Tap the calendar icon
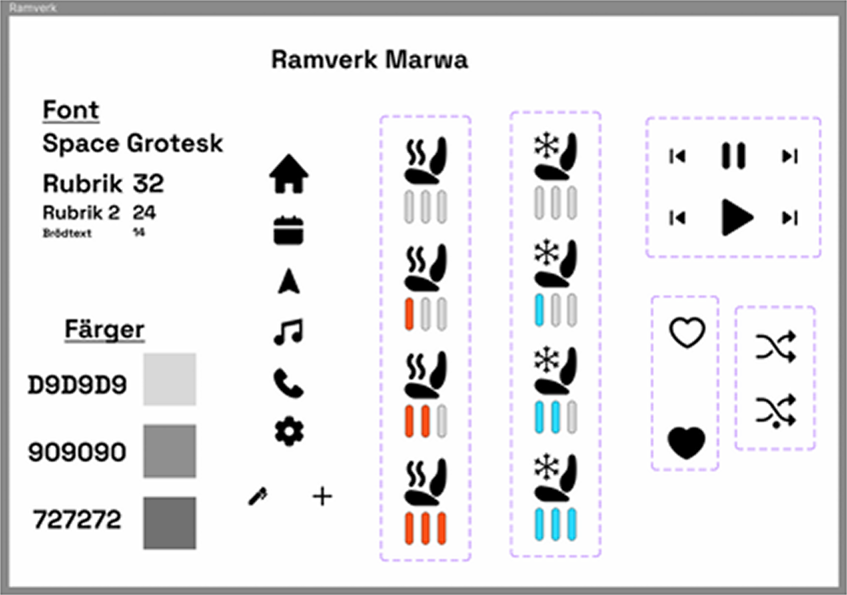(x=288, y=231)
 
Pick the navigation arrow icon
(x=289, y=281)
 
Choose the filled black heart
(x=686, y=443)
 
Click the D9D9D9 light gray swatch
(x=170, y=379)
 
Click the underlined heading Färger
(x=104, y=329)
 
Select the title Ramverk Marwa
(x=370, y=60)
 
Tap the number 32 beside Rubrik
(x=148, y=183)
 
